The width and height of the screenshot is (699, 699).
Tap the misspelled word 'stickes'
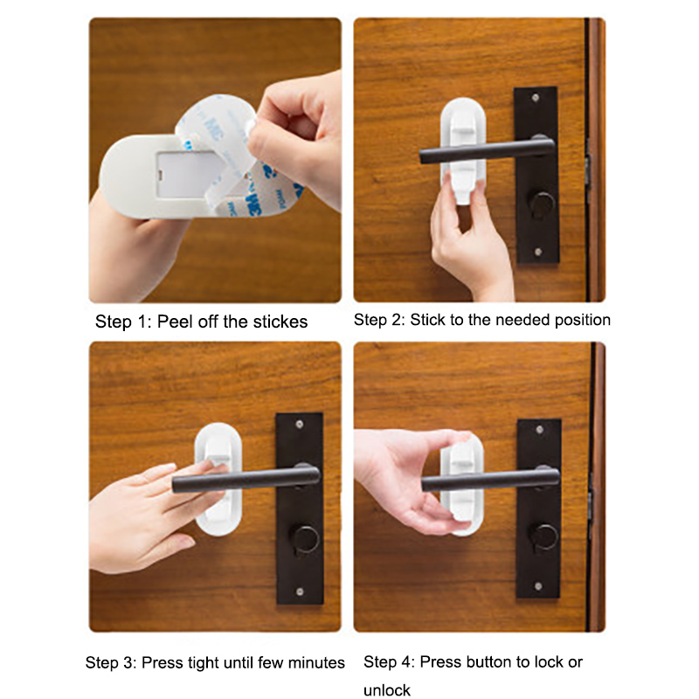(280, 322)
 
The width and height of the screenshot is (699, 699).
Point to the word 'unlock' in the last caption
(386, 690)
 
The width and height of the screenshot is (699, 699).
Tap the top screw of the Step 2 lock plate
(536, 97)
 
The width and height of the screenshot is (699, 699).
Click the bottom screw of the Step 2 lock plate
(538, 252)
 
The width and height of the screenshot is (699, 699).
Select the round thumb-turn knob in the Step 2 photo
(542, 206)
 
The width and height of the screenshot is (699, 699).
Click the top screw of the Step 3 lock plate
(300, 424)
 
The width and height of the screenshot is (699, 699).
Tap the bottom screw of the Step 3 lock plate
(300, 592)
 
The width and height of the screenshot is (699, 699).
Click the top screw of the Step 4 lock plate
(539, 430)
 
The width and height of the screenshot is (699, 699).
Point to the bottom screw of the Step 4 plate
(538, 586)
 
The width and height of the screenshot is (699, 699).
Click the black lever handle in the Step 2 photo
(487, 150)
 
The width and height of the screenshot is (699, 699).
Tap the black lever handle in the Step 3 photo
(246, 478)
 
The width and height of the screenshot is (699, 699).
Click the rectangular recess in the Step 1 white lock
(185, 174)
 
